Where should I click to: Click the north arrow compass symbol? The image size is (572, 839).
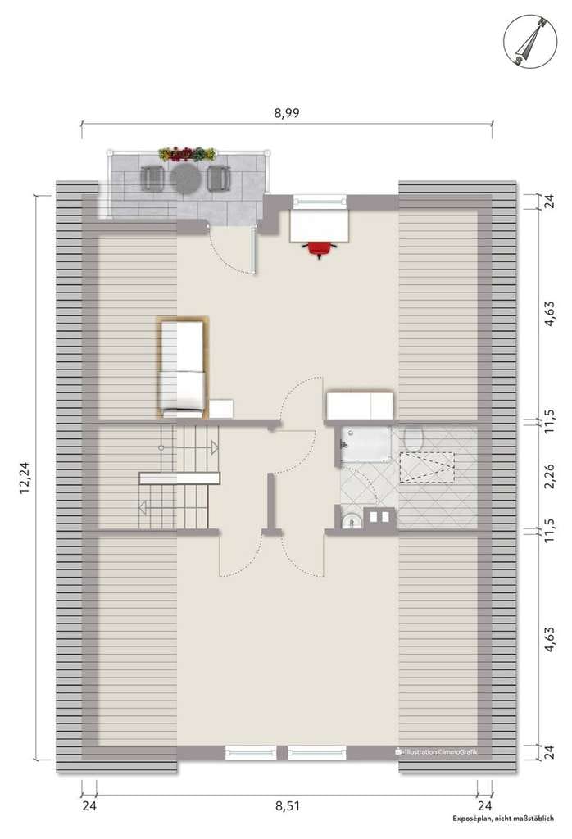coord(529,41)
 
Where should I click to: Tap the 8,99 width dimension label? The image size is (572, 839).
coord(287,113)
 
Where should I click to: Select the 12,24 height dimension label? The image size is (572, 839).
coord(24,478)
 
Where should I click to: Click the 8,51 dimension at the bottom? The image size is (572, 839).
coord(288,806)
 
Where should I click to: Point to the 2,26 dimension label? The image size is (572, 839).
coord(550,476)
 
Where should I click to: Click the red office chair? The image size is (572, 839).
coord(320,249)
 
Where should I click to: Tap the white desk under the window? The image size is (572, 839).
coord(320,226)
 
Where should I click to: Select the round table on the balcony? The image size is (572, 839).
coord(185,178)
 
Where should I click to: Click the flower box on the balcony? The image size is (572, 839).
coord(187,154)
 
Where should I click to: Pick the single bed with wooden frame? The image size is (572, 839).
coord(183,368)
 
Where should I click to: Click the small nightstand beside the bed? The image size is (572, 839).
coord(221,408)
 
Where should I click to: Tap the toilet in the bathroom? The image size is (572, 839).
coord(414,438)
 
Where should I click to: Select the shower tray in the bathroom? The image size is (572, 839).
coord(364,443)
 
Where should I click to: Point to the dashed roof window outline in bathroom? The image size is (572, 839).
coord(427,468)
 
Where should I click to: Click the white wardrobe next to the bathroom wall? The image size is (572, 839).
coord(360,405)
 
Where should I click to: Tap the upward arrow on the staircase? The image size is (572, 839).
coord(214,447)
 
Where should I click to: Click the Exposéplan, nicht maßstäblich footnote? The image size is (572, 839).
coord(503,819)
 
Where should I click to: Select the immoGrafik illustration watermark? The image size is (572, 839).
coord(436,751)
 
